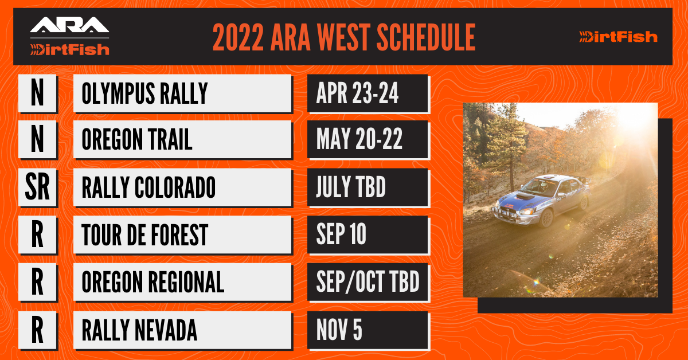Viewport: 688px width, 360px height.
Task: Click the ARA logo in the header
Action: pyautogui.click(x=69, y=25)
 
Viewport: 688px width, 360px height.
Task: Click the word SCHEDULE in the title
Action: pyautogui.click(x=426, y=37)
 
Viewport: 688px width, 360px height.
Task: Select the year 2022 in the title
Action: pyautogui.click(x=238, y=37)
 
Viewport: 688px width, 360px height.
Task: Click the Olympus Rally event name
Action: pyautogui.click(x=144, y=93)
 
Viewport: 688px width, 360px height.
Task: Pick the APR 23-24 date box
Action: pyautogui.click(x=368, y=93)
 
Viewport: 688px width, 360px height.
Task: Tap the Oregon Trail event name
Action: pyautogui.click(x=137, y=139)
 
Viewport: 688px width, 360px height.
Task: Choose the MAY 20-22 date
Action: pyautogui.click(x=359, y=139)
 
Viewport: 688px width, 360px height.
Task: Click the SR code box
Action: pyautogui.click(x=37, y=187)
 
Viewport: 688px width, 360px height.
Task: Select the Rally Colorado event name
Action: pyautogui.click(x=148, y=187)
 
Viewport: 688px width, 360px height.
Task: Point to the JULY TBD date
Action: pyautogui.click(x=351, y=187)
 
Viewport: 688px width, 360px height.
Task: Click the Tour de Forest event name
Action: pyautogui.click(x=145, y=235)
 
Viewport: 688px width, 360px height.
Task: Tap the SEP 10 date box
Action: pyautogui.click(x=368, y=234)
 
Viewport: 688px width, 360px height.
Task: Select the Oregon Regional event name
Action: pyautogui.click(x=153, y=282)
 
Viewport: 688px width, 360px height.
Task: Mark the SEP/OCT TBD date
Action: pyautogui.click(x=368, y=281)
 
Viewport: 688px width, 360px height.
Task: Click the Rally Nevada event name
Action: pyautogui.click(x=139, y=330)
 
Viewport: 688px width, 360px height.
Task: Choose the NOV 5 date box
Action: pyautogui.click(x=368, y=330)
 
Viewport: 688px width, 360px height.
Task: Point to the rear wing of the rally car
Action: pyautogui.click(x=583, y=181)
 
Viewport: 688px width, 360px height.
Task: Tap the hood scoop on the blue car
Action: pyautogui.click(x=525, y=196)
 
